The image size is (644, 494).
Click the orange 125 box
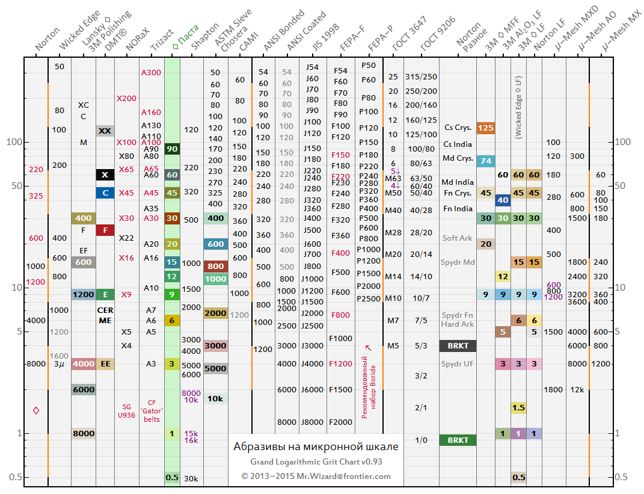click(485, 128)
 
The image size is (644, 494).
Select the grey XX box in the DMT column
click(105, 131)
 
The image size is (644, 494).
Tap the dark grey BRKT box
click(458, 345)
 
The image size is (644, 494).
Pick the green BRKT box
click(458, 440)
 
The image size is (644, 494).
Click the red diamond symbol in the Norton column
click(36, 410)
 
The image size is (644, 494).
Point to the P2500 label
click(369, 298)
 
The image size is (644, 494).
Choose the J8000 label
click(312, 422)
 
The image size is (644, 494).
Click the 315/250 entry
click(421, 76)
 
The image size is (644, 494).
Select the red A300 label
click(151, 72)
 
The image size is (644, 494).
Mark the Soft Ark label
click(457, 238)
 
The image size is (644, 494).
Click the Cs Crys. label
click(458, 128)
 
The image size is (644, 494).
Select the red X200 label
click(126, 98)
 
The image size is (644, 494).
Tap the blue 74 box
click(485, 161)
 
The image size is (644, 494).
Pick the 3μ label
click(59, 364)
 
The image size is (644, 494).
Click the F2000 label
click(340, 422)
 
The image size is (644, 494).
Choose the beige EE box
click(105, 363)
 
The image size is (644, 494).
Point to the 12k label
click(577, 389)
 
